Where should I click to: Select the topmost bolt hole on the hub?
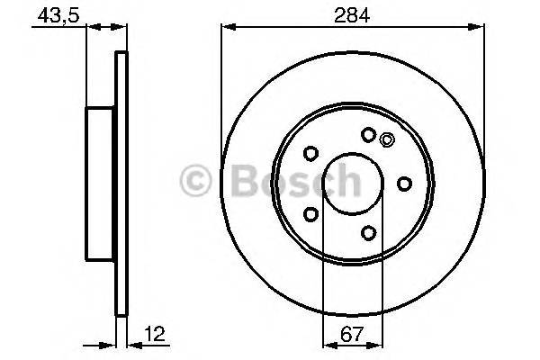pos(367,135)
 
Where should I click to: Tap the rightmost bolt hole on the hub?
pos(404,184)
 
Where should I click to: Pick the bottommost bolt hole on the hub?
pos(368,233)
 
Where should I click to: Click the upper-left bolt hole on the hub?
pos(310,153)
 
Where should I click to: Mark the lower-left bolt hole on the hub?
pos(310,214)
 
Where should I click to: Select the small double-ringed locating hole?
pos(387,139)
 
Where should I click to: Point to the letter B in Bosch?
pos(242,183)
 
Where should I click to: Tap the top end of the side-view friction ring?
pos(121,58)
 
